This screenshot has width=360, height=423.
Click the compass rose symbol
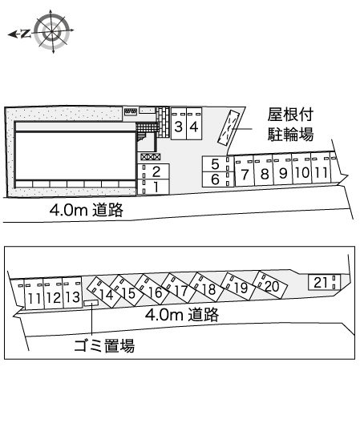pyautogui.click(x=53, y=31)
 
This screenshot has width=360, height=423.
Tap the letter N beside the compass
pyautogui.click(x=26, y=34)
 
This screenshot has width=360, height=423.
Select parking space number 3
pyautogui.click(x=179, y=124)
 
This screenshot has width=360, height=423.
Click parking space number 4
pyautogui.click(x=194, y=124)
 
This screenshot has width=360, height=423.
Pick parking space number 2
pyautogui.click(x=153, y=171)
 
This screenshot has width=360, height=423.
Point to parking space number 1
pyautogui.click(x=153, y=187)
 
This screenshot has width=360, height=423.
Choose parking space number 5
pyautogui.click(x=218, y=164)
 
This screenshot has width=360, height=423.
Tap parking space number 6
pyautogui.click(x=218, y=179)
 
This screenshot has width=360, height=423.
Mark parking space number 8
pyautogui.click(x=263, y=170)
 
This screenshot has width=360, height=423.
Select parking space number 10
pyautogui.click(x=301, y=169)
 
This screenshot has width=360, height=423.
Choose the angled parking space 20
pyautogui.click(x=270, y=285)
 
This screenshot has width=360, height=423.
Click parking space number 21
pyautogui.click(x=325, y=282)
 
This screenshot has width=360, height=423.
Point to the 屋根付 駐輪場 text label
pyautogui.click(x=290, y=124)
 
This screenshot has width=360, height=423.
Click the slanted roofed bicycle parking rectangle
pyautogui.click(x=229, y=128)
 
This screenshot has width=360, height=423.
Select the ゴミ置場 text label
pyautogui.click(x=104, y=345)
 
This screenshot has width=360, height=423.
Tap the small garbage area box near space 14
pyautogui.click(x=91, y=303)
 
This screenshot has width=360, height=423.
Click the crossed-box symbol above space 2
pyautogui.click(x=151, y=157)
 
